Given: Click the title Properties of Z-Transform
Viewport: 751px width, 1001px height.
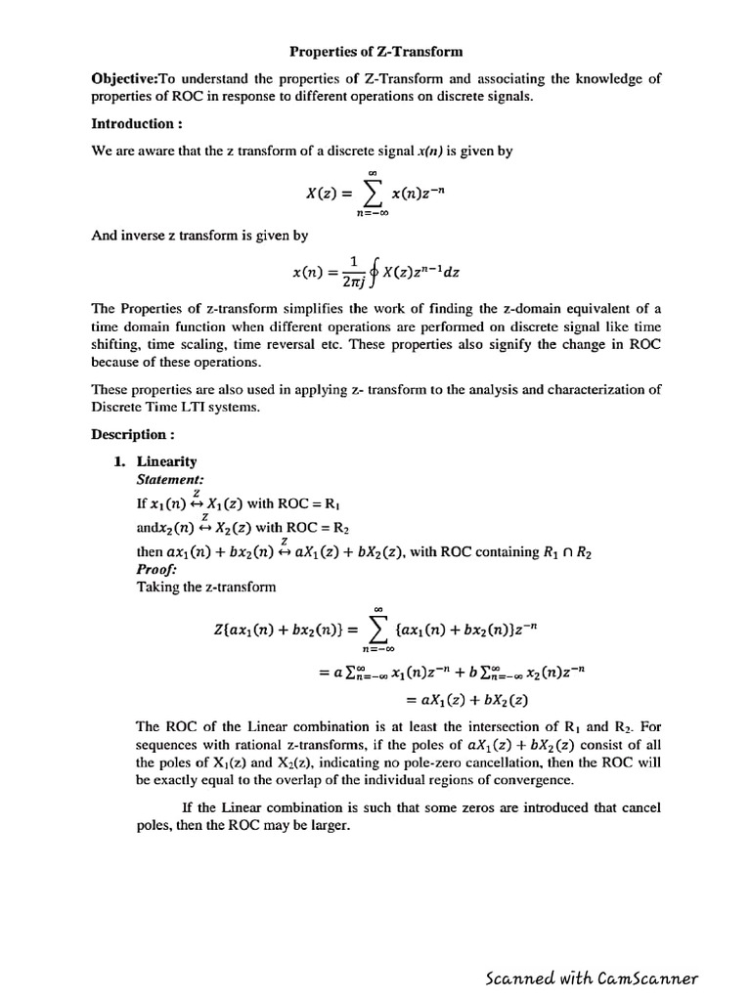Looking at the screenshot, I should (x=375, y=51).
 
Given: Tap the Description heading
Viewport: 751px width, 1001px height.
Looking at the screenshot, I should (x=133, y=434).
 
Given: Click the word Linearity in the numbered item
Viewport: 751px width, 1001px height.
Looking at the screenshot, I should (x=166, y=461).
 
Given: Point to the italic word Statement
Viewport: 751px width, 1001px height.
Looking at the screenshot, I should (x=170, y=479).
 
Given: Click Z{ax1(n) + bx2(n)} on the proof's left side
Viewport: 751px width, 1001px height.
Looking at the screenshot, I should (x=275, y=631).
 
